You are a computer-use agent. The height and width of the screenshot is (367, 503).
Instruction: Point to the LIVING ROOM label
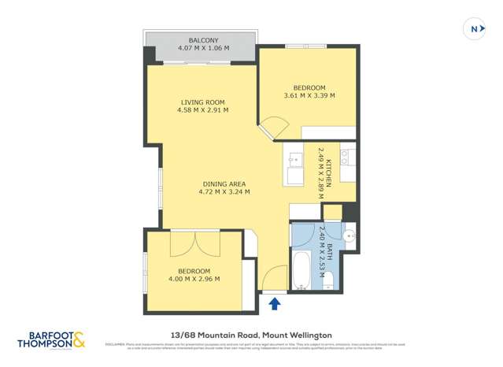click(203, 102)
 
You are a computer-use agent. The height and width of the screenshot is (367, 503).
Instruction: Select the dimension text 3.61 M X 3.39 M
click(309, 96)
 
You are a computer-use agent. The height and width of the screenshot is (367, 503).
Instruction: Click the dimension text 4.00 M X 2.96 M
click(193, 279)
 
